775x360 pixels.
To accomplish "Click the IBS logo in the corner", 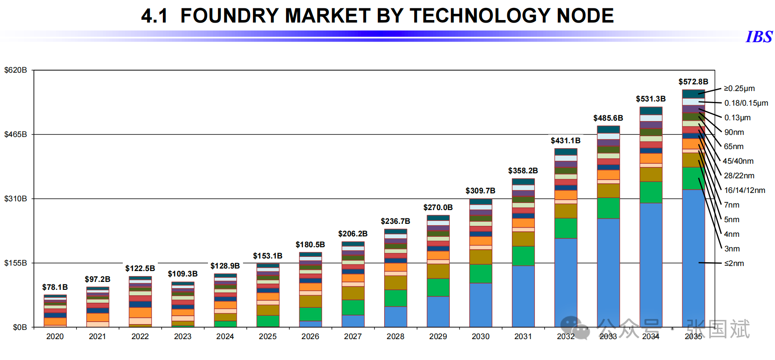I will [759, 37].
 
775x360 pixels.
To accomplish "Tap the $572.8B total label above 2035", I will [693, 82].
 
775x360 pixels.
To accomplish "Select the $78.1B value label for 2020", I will [55, 287].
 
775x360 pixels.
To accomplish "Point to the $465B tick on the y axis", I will [15, 134].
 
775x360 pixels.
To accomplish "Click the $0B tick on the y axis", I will [20, 327].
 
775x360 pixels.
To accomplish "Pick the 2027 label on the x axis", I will [353, 337].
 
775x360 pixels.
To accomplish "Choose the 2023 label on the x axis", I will [182, 337].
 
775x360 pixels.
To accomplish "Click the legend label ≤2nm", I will [734, 264].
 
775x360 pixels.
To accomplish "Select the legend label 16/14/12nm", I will [745, 190].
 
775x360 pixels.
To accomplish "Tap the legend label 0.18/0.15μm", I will [746, 103].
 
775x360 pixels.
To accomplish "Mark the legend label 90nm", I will [734, 132].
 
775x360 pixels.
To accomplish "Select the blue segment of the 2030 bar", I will [481, 305].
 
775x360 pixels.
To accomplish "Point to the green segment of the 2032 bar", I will [566, 228].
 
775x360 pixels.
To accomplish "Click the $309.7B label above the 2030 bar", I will [480, 191].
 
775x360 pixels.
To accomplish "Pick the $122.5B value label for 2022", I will [140, 269].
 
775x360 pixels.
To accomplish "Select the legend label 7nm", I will [731, 205].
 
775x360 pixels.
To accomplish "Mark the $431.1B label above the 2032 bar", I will [565, 141].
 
